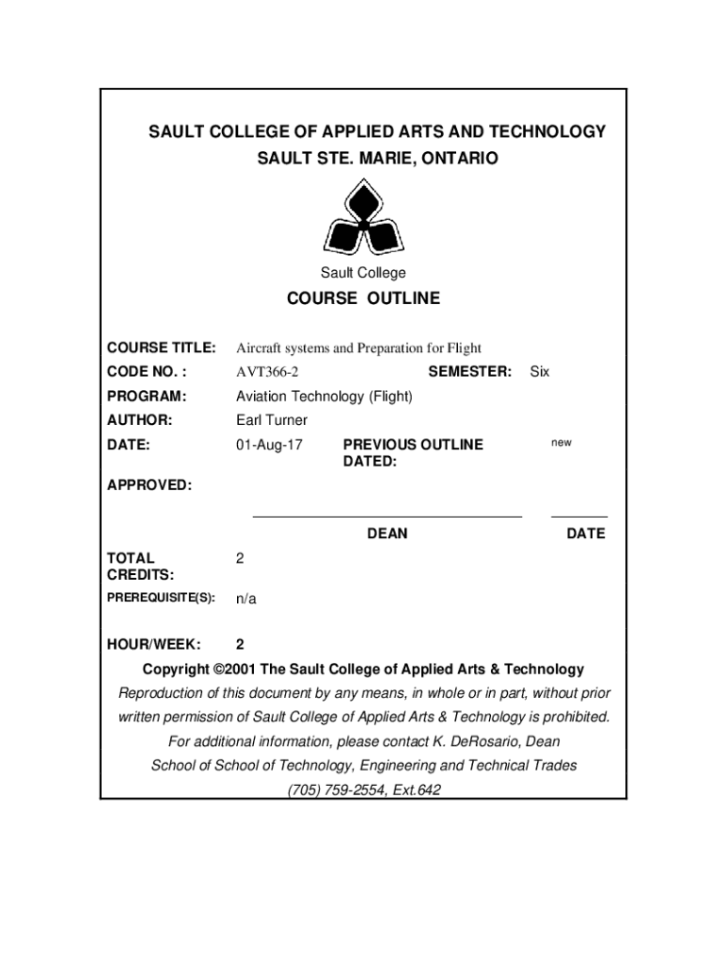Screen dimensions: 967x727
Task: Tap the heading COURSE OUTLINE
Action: click(x=363, y=298)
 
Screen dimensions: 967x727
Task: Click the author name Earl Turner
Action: click(x=272, y=420)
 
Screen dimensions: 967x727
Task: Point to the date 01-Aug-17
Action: click(x=269, y=445)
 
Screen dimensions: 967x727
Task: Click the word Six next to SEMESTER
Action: click(x=539, y=372)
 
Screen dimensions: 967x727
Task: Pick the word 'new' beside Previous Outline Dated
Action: click(x=561, y=443)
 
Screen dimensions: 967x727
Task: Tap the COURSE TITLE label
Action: click(x=161, y=348)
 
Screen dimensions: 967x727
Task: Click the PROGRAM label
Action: click(x=146, y=397)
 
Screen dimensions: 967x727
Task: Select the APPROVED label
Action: click(x=149, y=485)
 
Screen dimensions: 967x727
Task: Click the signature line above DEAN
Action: click(x=387, y=517)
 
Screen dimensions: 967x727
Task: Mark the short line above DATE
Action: click(x=579, y=517)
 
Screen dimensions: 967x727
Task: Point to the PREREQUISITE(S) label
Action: click(x=161, y=598)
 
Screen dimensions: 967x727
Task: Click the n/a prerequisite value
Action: click(x=246, y=599)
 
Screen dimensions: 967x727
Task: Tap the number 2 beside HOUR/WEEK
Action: click(x=240, y=645)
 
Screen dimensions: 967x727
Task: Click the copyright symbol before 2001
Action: click(x=220, y=670)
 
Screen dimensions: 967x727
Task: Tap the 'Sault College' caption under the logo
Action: click(x=363, y=273)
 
